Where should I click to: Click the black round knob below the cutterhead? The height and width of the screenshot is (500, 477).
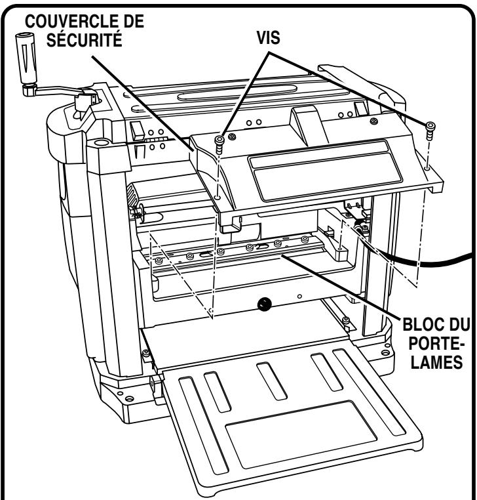(x=265, y=303)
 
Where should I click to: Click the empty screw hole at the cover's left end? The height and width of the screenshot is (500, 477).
(x=217, y=196)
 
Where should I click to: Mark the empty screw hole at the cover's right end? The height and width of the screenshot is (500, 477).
(x=427, y=168)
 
